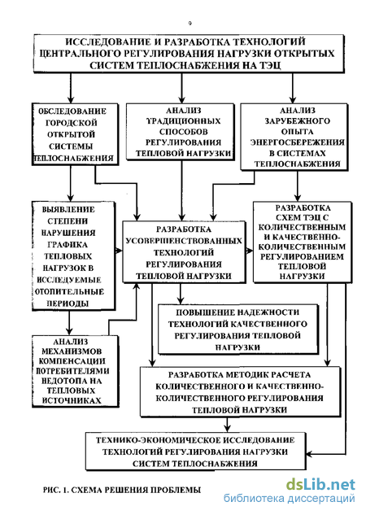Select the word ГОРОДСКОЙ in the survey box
tap(72, 123)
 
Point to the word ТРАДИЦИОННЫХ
tap(183, 121)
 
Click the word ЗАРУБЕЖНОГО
tap(297, 121)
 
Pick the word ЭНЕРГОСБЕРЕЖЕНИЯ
tap(298, 142)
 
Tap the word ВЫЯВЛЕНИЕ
tap(68, 210)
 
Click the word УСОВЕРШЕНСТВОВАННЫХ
tap(184, 241)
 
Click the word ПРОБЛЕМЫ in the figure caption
tap(176, 491)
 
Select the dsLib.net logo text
tap(320, 484)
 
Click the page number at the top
tap(190, 24)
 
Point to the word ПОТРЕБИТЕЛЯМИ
tap(72, 371)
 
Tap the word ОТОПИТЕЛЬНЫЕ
tap(69, 291)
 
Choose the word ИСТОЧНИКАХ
tap(72, 401)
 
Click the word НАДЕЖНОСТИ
tap(268, 312)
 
